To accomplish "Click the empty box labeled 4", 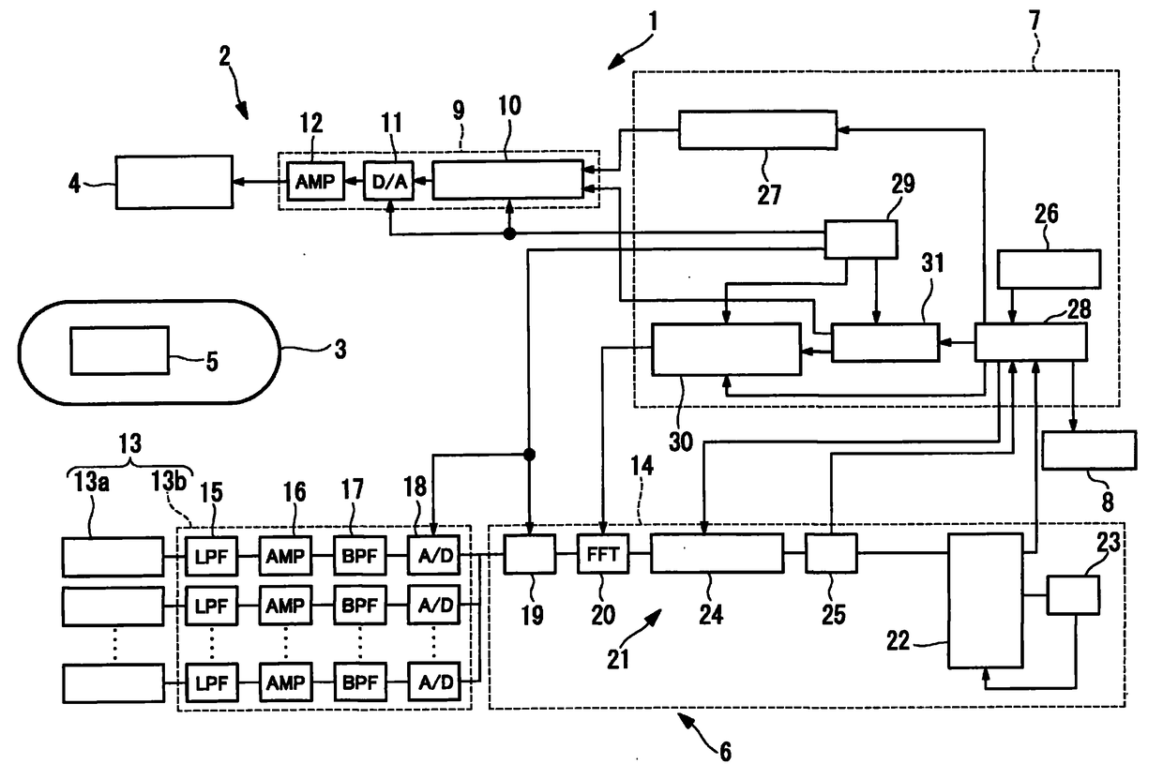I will [174, 181].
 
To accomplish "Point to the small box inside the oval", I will [120, 351].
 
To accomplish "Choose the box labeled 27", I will [758, 129].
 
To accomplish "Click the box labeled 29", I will [860, 239].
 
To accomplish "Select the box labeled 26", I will [1049, 270].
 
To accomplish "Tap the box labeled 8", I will [1089, 450].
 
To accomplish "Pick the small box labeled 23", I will [1073, 594].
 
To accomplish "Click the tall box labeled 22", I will [985, 600].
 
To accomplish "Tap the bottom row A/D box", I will [433, 682].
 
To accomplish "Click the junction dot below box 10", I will [508, 232].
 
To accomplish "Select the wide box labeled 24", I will [717, 553].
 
